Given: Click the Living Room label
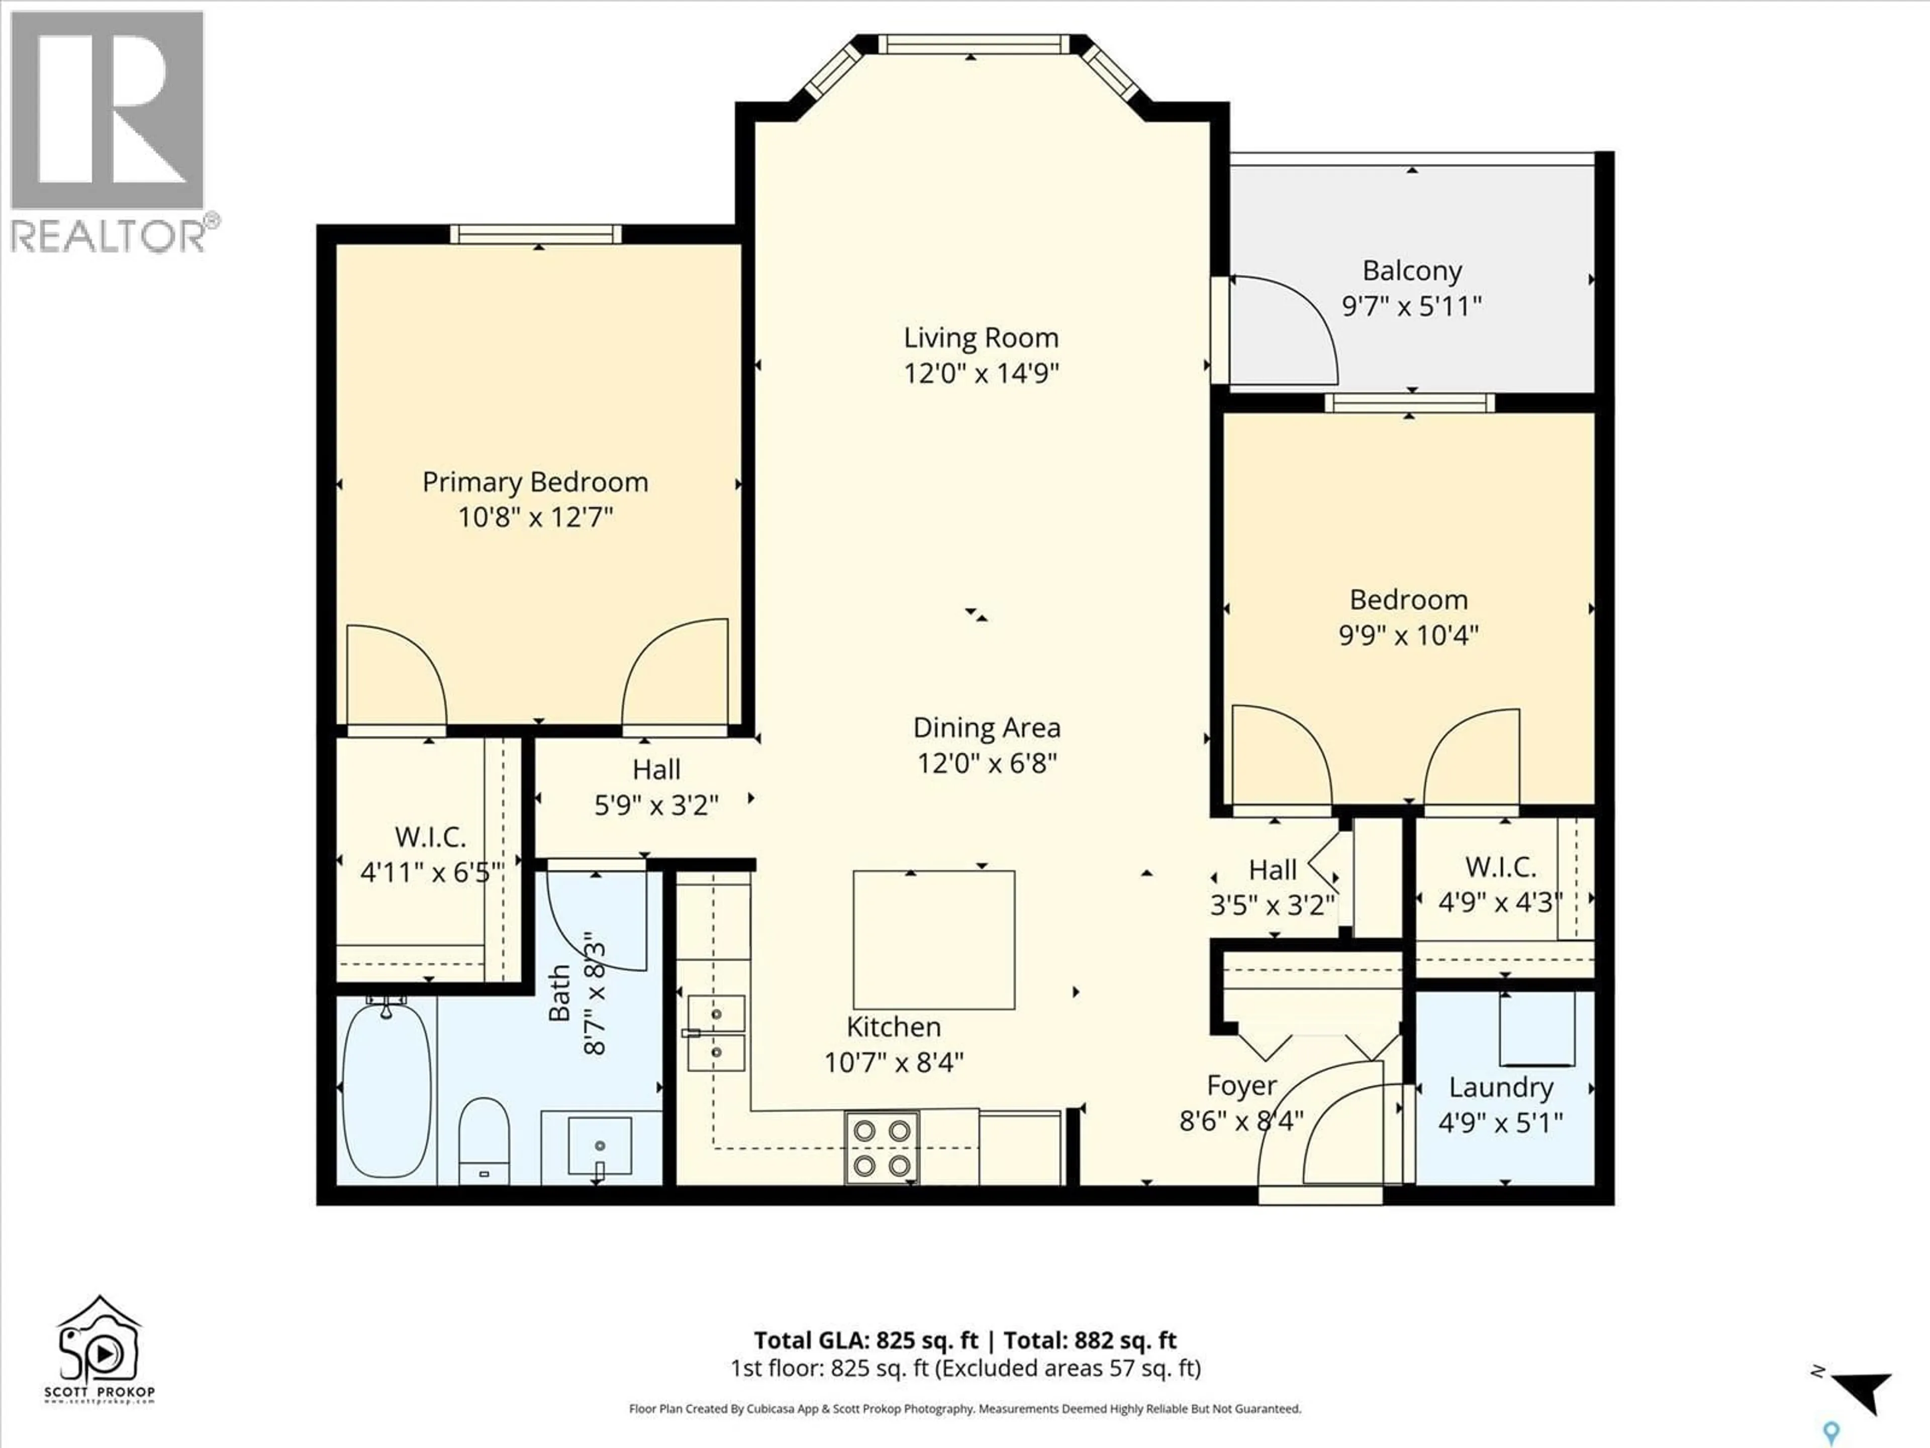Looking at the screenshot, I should click(x=981, y=338).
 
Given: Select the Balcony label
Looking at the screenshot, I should click(x=1412, y=271).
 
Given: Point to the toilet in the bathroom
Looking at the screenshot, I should click(x=484, y=1138).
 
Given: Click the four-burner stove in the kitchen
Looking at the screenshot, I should click(x=881, y=1148).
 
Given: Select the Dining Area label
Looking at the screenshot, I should click(x=986, y=728).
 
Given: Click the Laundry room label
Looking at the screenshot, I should click(x=1501, y=1088).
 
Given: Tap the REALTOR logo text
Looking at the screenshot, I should click(x=109, y=236).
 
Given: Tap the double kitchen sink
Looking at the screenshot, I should click(x=716, y=1033).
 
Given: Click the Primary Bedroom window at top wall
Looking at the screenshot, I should click(x=536, y=234).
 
